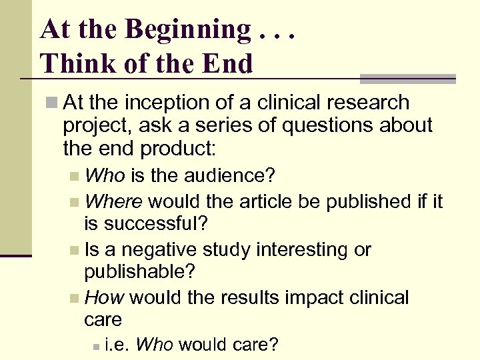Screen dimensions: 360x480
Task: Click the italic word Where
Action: (114, 201)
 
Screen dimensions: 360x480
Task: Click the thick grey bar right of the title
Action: (407, 79)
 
